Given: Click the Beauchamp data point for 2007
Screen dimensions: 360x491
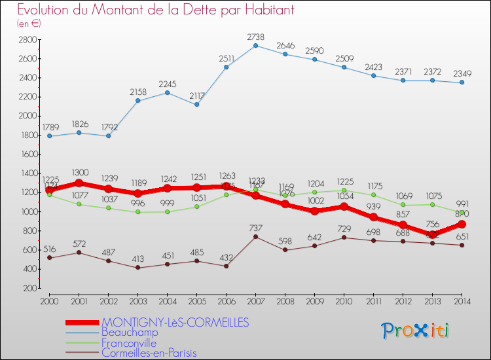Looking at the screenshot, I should (x=255, y=45).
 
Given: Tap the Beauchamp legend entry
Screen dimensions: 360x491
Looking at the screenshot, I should (x=130, y=333).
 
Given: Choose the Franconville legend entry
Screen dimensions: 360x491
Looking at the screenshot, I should (x=130, y=342).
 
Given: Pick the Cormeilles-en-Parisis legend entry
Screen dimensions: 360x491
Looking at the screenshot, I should (x=149, y=353).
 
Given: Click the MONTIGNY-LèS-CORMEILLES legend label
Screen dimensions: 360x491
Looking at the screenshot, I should (x=175, y=323).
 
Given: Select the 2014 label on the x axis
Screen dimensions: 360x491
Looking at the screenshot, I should (x=462, y=300).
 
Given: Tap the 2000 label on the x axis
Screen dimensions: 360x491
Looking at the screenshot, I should (x=49, y=300).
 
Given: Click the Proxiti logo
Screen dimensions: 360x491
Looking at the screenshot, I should (x=416, y=330).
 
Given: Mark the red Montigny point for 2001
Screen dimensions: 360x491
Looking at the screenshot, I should (x=79, y=183).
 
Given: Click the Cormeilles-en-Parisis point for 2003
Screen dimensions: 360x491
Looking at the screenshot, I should (x=137, y=268).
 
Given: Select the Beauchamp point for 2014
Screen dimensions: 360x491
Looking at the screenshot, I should (x=462, y=82).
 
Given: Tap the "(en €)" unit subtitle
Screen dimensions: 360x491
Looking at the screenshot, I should (x=29, y=23).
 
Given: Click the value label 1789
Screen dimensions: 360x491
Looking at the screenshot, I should (x=49, y=126).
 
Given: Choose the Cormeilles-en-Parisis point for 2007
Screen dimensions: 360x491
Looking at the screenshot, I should (x=255, y=237).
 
